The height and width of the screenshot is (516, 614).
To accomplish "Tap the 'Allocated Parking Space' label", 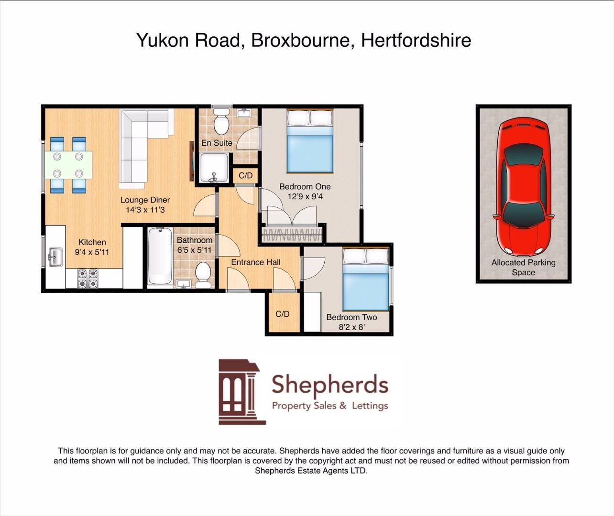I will pyautogui.click(x=523, y=268).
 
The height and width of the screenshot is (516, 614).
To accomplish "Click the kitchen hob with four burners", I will pyautogui.click(x=88, y=279).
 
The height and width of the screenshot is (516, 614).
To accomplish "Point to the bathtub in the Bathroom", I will pyautogui.click(x=160, y=257).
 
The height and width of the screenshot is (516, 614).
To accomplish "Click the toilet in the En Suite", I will pyautogui.click(x=221, y=121).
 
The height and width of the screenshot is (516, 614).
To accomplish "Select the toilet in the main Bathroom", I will pyautogui.click(x=203, y=273).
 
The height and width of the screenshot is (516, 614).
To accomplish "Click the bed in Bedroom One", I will pyautogui.click(x=309, y=141).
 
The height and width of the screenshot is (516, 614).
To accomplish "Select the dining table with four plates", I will pyautogui.click(x=68, y=165).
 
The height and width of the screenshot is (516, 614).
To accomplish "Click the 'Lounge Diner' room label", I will pyautogui.click(x=145, y=200).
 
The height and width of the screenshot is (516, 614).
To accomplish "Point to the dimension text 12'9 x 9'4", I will pyautogui.click(x=305, y=196).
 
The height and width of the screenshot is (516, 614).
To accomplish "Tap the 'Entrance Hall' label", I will pyautogui.click(x=255, y=262).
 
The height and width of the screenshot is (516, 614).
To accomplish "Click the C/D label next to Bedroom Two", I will pyautogui.click(x=283, y=314).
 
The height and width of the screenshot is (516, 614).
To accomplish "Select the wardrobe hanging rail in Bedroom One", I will pyautogui.click(x=292, y=235).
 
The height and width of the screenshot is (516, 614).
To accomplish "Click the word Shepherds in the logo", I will pyautogui.click(x=329, y=385).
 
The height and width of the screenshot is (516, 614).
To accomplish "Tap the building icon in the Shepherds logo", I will pyautogui.click(x=241, y=392).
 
